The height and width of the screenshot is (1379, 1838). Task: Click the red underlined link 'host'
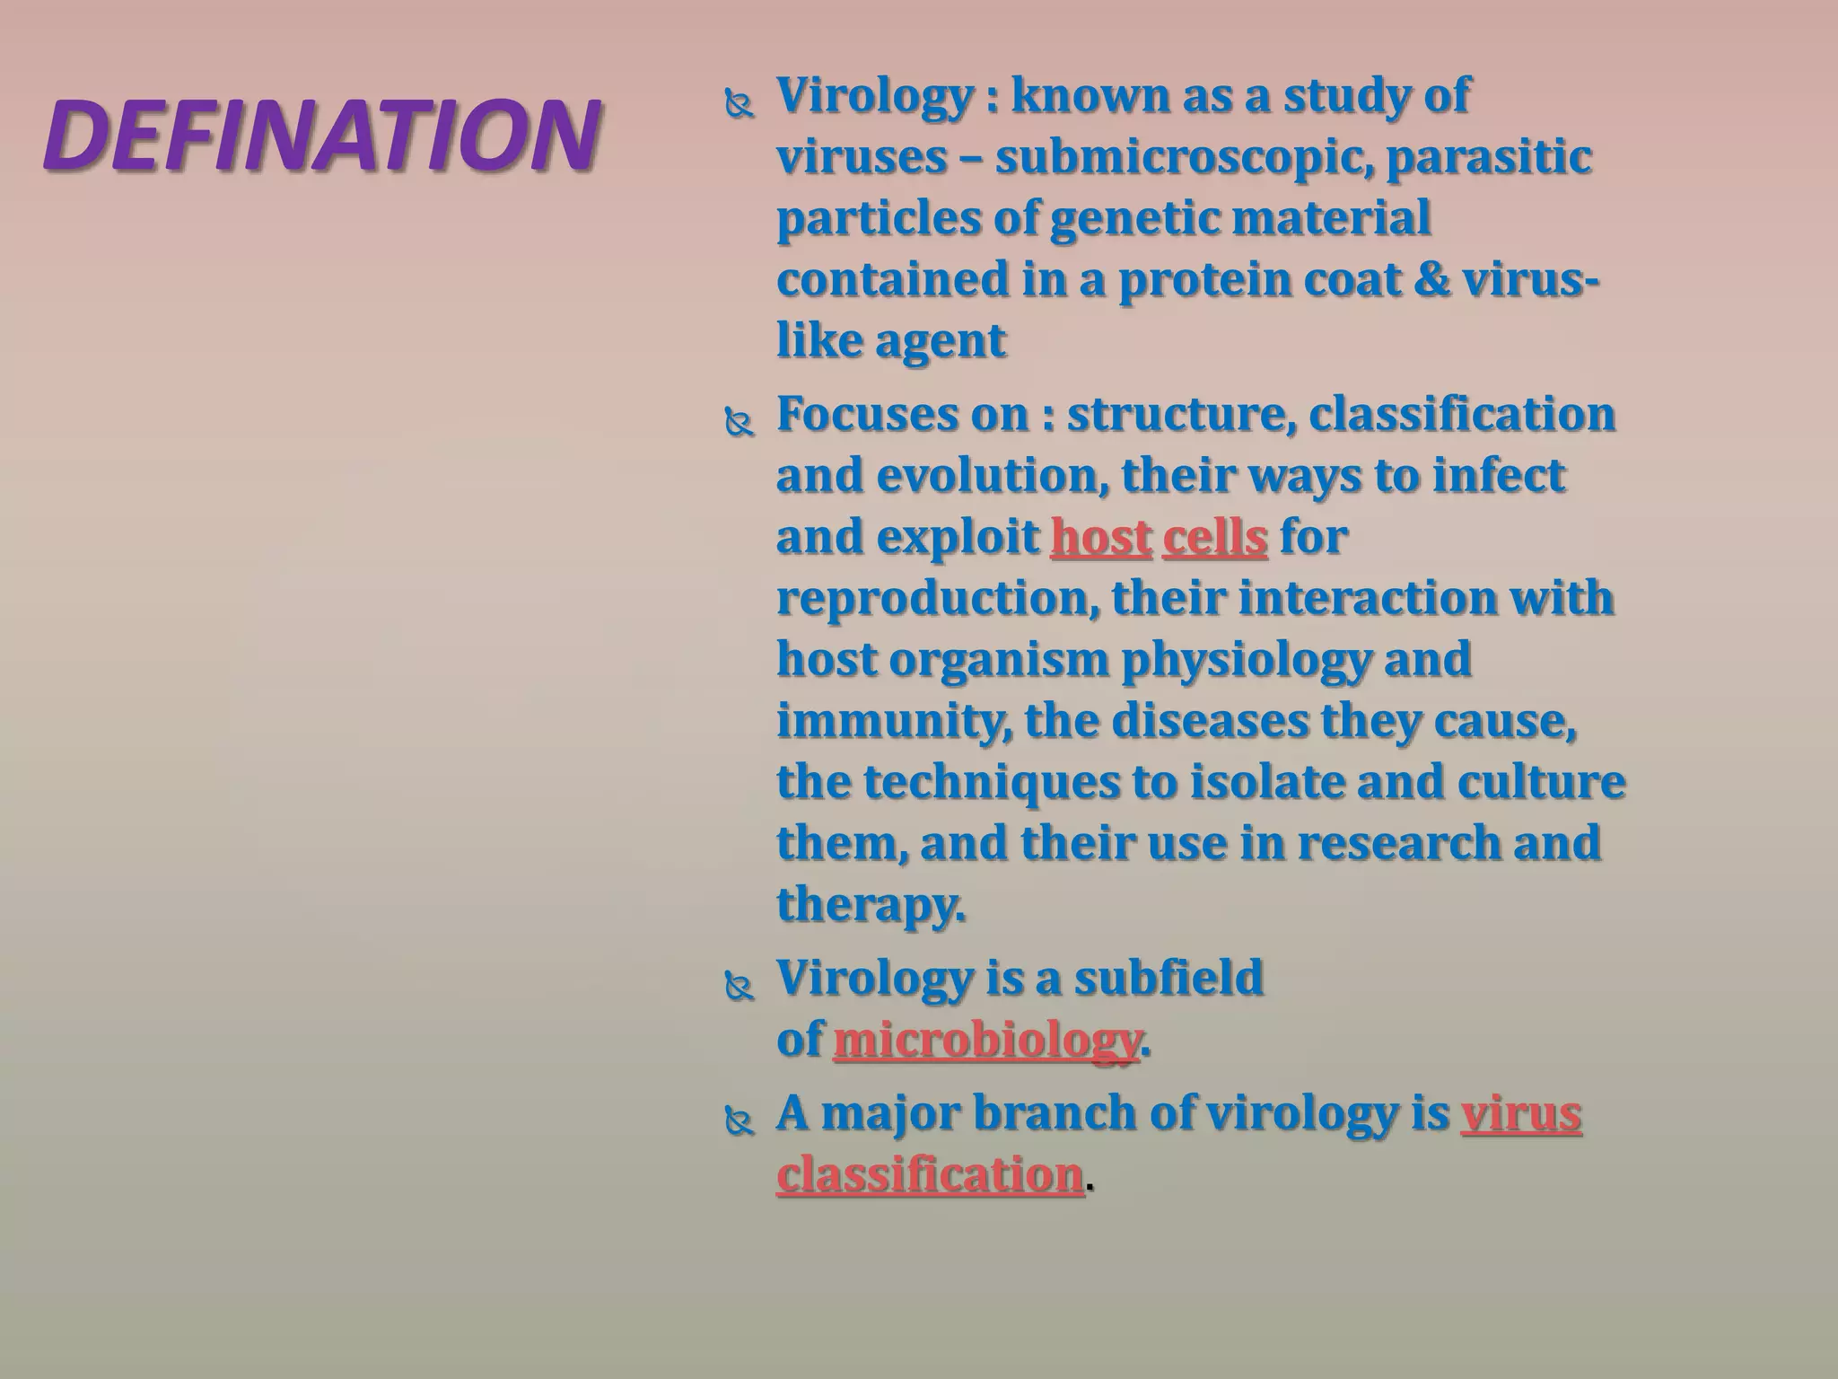[x=1100, y=538]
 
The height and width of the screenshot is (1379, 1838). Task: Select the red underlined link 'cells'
[x=1214, y=538]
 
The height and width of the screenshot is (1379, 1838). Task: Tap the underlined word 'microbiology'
[x=986, y=1041]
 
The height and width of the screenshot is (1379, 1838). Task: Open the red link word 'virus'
[x=1520, y=1114]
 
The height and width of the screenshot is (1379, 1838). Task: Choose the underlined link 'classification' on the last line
[x=930, y=1175]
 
